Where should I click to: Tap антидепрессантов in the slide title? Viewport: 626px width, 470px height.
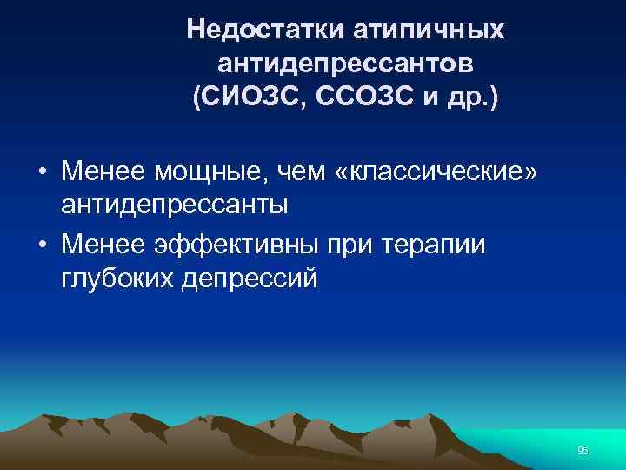coord(346,63)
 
